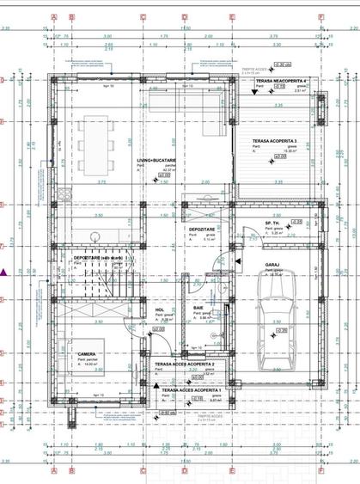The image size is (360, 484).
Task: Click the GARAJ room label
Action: pos(273,265)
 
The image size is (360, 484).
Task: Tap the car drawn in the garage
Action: pos(277,307)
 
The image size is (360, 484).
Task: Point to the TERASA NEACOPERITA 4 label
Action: pos(276,80)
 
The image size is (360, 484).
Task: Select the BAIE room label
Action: pos(198,307)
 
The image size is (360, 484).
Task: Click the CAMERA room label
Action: pos(86,354)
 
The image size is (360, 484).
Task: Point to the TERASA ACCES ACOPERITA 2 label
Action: pos(184,365)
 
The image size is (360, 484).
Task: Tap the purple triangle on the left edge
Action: pos(5,273)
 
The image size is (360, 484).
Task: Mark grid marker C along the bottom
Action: pos(136,472)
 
